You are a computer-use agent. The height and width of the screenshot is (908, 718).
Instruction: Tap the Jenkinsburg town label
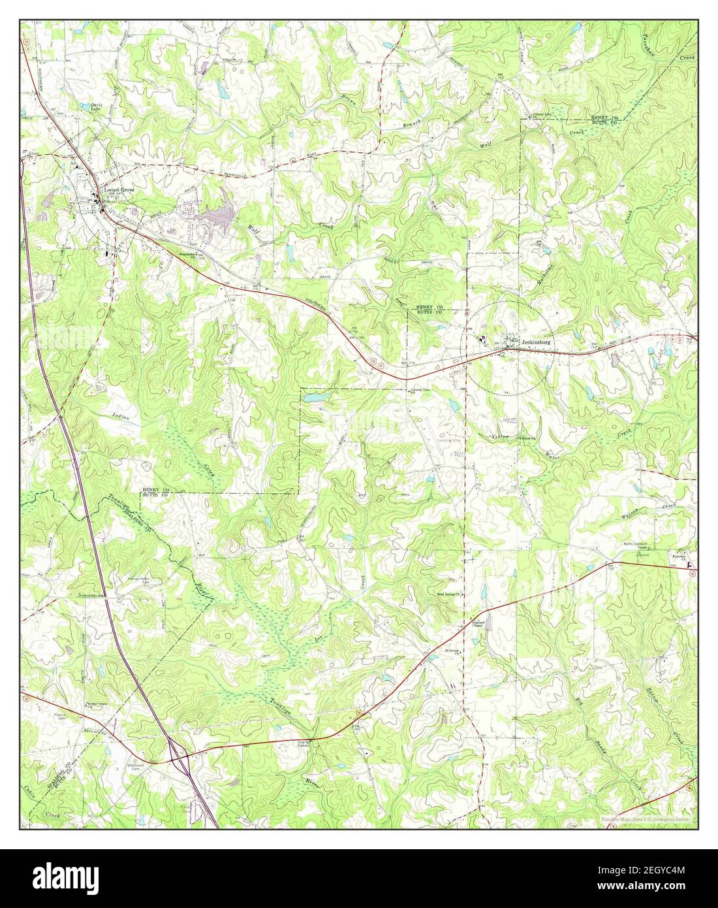tap(533, 341)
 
